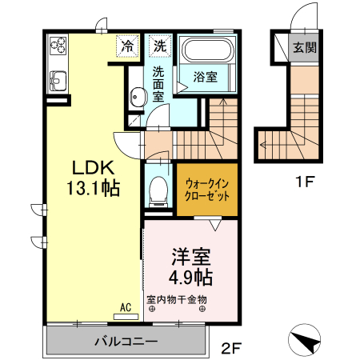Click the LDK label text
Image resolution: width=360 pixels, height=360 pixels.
[95, 169]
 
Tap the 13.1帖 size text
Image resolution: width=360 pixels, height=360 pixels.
[95, 190]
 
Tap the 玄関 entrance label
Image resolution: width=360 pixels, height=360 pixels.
[303, 47]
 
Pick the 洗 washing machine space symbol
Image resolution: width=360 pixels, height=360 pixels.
[161, 46]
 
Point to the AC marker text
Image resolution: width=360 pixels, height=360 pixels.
[126, 306]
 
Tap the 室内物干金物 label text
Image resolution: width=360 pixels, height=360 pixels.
[177, 300]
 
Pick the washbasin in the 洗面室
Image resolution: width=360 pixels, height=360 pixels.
[138, 98]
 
